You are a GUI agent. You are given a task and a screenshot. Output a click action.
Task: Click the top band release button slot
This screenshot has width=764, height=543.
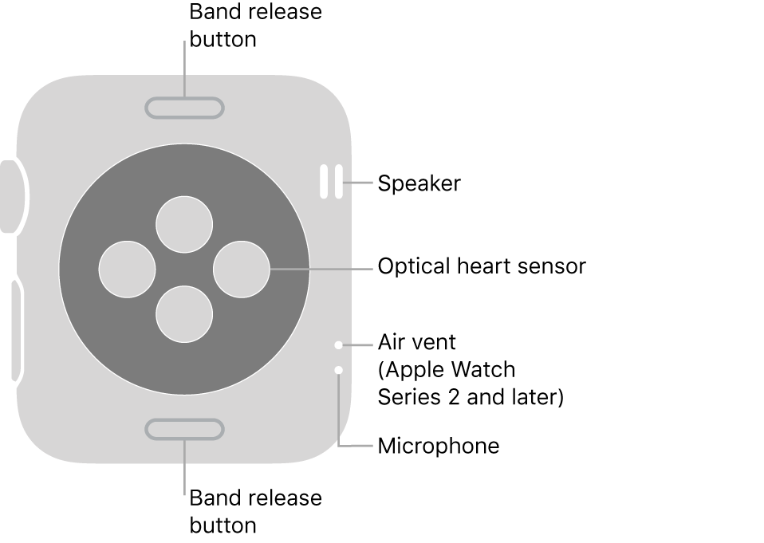coord(184,108)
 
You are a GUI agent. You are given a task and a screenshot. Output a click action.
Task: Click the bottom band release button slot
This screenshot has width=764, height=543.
coord(184,429)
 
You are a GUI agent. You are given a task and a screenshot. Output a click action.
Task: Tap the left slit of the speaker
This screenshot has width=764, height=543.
coord(324,182)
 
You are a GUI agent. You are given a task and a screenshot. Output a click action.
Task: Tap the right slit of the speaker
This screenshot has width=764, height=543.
coord(338,182)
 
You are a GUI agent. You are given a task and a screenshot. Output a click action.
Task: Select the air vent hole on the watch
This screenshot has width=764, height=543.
coord(339,345)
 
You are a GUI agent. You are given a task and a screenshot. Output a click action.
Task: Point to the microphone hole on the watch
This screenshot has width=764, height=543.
coord(339,369)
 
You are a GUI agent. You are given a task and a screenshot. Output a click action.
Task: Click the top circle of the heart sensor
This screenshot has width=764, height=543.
coord(184,224)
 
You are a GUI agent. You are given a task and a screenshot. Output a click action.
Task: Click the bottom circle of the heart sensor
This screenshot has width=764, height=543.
coord(184,313)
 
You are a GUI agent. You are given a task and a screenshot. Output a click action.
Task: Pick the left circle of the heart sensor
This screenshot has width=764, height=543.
coord(127,269)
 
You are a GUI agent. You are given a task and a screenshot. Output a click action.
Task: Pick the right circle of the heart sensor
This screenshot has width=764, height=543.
coord(242,269)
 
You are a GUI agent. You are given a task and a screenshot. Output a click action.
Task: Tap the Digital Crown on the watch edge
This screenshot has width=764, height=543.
coord(11,196)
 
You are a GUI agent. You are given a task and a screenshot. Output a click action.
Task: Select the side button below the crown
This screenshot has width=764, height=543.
coord(16,329)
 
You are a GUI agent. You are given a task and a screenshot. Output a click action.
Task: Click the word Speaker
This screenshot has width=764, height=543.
coord(419,183)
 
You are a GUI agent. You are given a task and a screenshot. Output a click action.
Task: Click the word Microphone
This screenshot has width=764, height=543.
coord(438,446)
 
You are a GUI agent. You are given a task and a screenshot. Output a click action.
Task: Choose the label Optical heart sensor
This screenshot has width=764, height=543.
coord(481,266)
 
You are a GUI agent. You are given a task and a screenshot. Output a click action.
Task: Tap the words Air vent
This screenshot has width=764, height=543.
coord(416,342)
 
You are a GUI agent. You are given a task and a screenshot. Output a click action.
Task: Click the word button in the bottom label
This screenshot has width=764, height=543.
coord(223,525)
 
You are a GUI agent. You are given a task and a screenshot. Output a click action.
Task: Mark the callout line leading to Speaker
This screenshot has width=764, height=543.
coord(359,183)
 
